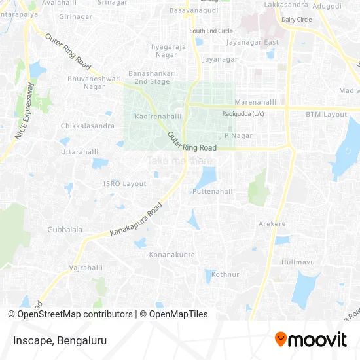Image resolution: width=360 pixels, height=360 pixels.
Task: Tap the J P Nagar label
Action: [236, 135]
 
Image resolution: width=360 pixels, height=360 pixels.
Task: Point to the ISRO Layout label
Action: [125, 184]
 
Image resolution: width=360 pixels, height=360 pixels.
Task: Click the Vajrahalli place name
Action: [86, 268]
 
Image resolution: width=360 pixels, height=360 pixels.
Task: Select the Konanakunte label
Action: [171, 254]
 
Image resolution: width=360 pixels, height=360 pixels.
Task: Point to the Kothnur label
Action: [225, 274]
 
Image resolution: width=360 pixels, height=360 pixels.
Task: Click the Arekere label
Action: [273, 224]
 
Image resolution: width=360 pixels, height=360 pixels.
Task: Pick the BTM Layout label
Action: [326, 114]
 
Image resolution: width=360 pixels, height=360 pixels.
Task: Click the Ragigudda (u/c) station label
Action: [243, 114]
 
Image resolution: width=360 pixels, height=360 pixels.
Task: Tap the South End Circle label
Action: [211, 31]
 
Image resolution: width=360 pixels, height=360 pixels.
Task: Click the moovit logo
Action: [310, 339]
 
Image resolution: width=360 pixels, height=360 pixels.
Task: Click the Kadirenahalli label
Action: [157, 116]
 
